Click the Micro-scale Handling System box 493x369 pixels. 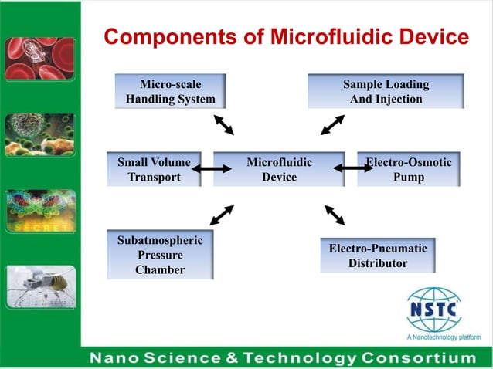pos(171,91)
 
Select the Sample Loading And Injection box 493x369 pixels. pos(386,91)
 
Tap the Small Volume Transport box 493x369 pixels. pos(154,169)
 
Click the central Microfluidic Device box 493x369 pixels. pos(279,169)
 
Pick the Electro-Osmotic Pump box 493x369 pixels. pos(408,169)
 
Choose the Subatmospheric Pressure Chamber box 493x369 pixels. pos(160,254)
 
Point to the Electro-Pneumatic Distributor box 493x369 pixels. pos(377,256)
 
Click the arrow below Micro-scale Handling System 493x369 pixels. pos(228,125)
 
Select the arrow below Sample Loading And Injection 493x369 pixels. pos(333,125)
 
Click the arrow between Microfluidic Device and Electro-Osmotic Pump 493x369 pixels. pos(353,168)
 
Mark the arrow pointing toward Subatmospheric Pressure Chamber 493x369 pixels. pos(222,215)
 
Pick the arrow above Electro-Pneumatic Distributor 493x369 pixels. pos(335,215)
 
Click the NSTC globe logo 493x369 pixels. pos(433,310)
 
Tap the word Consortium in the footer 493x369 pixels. pos(418,358)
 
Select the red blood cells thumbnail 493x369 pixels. pos(40,59)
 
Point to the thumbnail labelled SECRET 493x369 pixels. pos(40,211)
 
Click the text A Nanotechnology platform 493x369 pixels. pos(443,337)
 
